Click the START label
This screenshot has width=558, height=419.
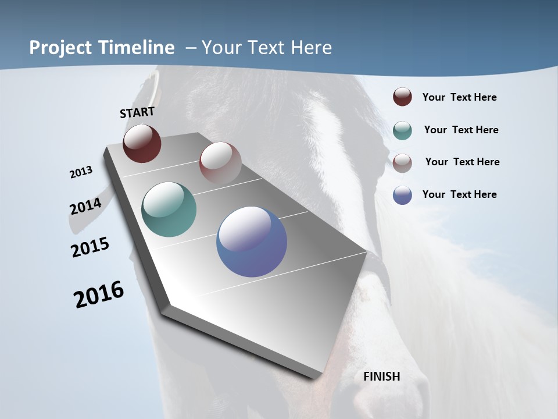click(137, 112)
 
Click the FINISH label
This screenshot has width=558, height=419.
click(382, 377)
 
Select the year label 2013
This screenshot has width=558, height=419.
click(81, 172)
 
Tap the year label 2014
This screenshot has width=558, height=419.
click(86, 206)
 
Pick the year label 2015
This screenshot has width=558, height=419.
click(90, 247)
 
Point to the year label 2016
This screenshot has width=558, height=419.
click(99, 294)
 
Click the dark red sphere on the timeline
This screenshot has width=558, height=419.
click(142, 143)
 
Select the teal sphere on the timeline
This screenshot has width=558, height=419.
click(169, 210)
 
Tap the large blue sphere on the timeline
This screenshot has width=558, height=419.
click(252, 242)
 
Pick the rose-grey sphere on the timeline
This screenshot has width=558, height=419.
click(220, 162)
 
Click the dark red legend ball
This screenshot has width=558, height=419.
click(402, 97)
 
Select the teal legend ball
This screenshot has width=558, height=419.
click(402, 130)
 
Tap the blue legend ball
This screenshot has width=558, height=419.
click(402, 195)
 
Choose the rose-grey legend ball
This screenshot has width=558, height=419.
click(402, 162)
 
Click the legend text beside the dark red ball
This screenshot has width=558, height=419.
click(459, 97)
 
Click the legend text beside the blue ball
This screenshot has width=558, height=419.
click(459, 194)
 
